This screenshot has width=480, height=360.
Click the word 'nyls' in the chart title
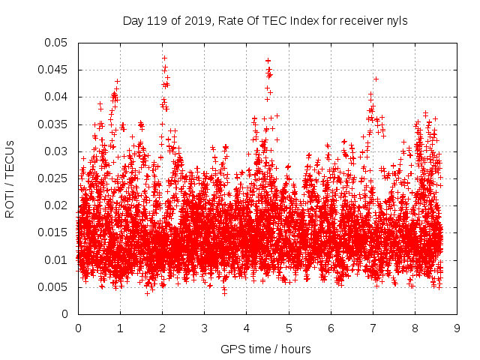(396, 21)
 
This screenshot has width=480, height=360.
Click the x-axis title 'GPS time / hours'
(265, 349)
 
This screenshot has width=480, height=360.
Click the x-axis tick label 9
(457, 328)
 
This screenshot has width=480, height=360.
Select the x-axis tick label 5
(289, 328)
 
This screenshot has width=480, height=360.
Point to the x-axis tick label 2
(162, 328)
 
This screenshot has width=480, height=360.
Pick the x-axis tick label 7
(373, 328)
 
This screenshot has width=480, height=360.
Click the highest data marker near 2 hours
(164, 58)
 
